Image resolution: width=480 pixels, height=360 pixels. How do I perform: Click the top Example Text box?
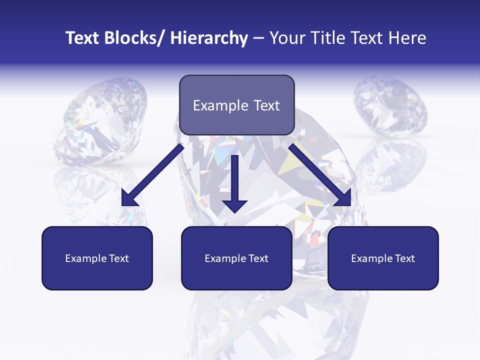point(236,105)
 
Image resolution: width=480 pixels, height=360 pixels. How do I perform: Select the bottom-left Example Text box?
point(97,258)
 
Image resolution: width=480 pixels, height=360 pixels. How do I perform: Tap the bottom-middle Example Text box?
point(236,258)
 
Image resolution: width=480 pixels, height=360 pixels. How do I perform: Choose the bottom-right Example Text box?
point(383,258)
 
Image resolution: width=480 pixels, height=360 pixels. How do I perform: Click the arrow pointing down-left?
point(152,175)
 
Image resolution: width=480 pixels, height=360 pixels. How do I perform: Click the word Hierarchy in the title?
point(209,38)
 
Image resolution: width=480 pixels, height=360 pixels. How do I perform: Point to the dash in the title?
point(258,38)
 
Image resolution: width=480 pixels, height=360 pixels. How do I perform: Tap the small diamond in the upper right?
point(390,107)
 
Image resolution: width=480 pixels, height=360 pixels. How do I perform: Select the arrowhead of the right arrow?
point(348,203)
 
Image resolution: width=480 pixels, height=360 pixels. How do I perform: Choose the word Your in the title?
point(286,38)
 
